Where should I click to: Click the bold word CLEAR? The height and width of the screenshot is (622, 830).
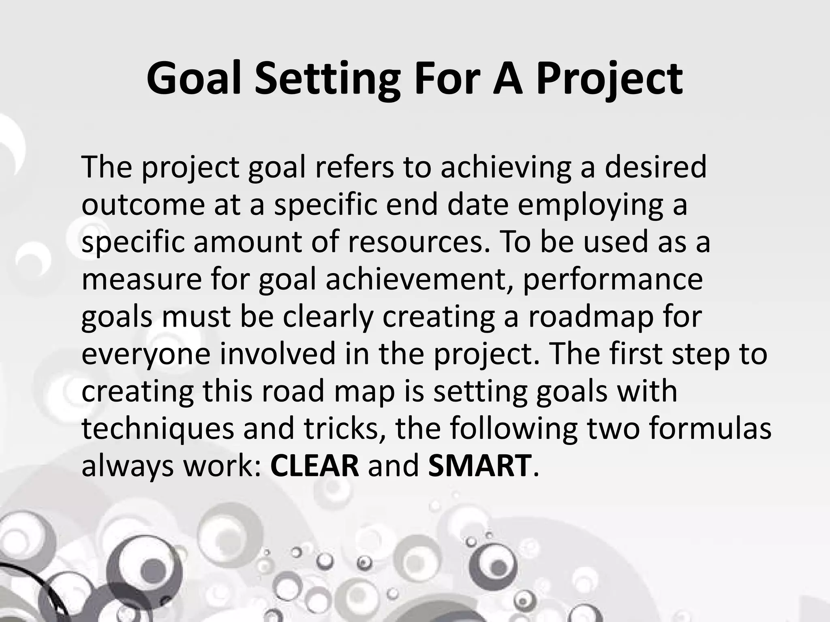point(314,466)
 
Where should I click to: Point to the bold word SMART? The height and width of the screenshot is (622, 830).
point(479,466)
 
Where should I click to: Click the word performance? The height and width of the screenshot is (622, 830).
point(612,280)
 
